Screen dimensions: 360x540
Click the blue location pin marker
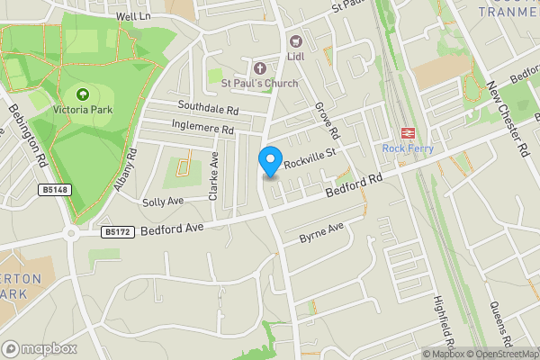click(x=269, y=161)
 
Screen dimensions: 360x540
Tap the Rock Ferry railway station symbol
click(x=406, y=131)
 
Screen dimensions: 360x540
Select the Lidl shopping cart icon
click(x=294, y=40)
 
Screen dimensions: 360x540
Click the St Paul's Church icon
click(x=260, y=67)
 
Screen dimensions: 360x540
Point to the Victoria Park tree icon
click(x=83, y=94)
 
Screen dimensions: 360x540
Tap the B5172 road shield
click(x=114, y=231)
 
